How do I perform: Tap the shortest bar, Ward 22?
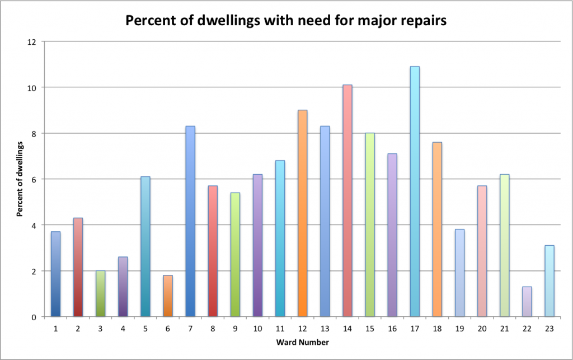tap(527, 302)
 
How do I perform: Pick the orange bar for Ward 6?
tap(168, 296)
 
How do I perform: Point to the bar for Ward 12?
tap(302, 213)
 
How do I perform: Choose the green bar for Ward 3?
tap(101, 293)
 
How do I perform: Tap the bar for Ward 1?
tap(56, 274)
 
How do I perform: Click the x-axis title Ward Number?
tap(302, 342)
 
